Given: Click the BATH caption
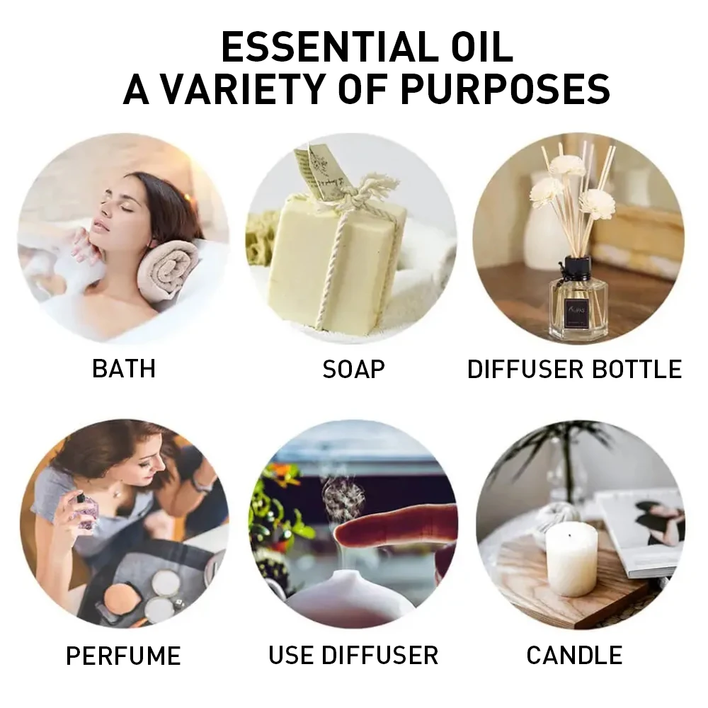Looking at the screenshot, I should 124,368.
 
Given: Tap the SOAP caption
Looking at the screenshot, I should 353,368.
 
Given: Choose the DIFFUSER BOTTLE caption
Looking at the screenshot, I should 574,369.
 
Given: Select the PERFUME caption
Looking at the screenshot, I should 123,655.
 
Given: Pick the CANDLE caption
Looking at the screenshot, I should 574,655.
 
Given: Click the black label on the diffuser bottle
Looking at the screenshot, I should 573,309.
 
